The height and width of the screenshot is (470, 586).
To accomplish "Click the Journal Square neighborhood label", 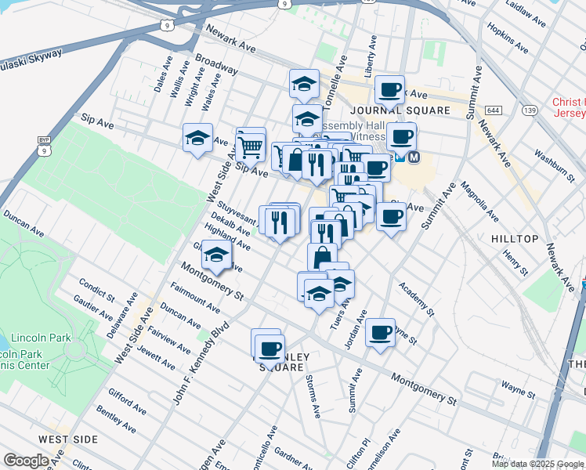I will tap(400, 110).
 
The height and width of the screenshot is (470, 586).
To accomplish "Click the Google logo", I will tap(26, 461).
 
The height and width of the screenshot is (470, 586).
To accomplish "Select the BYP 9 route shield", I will tap(43, 143).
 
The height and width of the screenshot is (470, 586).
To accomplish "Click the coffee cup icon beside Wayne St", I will tap(381, 332).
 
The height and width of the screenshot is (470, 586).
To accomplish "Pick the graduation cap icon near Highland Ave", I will tap(216, 255).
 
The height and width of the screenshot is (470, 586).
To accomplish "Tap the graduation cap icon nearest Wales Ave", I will tap(197, 139).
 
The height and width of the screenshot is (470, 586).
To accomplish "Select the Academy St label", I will tap(416, 300).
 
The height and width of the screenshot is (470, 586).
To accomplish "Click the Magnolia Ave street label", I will tap(480, 202).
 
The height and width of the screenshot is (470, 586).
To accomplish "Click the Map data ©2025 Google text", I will tap(537, 464).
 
